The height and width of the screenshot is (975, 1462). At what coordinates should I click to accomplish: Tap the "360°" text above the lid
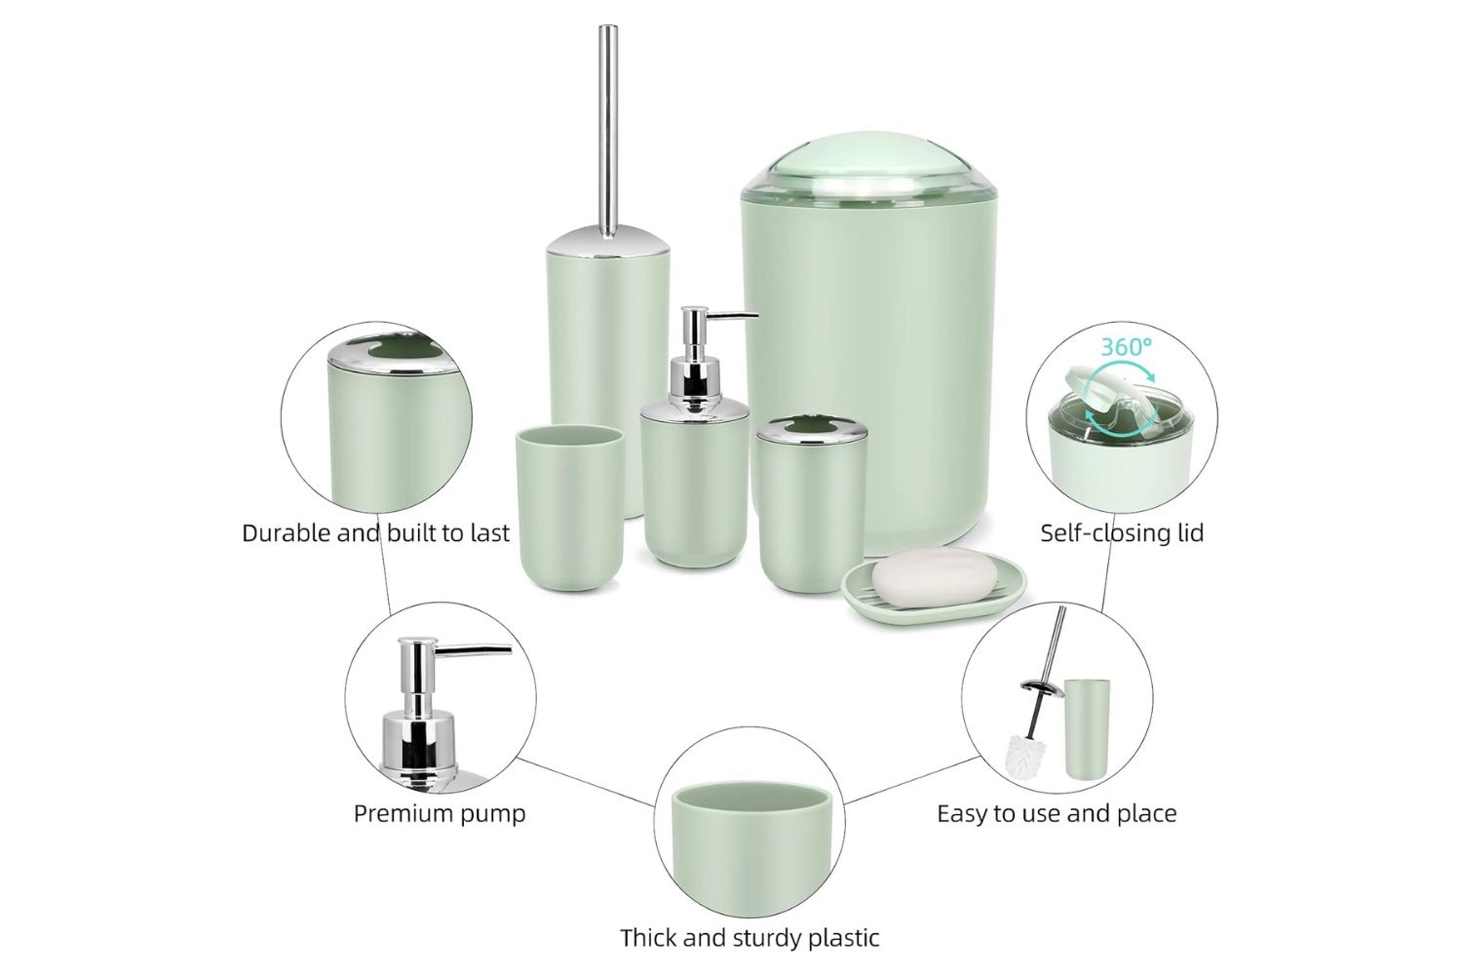click(1126, 346)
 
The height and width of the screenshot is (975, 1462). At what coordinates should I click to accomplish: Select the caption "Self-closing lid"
click(1121, 533)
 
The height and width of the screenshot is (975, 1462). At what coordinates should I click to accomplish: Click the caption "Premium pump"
click(439, 813)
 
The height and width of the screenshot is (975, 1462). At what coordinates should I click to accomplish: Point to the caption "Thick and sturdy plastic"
click(750, 938)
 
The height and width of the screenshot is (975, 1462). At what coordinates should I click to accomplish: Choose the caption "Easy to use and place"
click(1057, 813)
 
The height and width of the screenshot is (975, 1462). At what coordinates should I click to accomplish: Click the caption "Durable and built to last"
click(375, 533)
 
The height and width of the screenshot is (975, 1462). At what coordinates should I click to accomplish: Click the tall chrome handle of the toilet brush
click(608, 127)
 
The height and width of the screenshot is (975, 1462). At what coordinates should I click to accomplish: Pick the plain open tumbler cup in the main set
click(569, 507)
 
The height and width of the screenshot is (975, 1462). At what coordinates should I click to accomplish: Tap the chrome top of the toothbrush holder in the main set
click(812, 427)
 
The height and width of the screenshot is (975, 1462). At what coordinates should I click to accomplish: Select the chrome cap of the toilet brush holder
click(607, 239)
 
